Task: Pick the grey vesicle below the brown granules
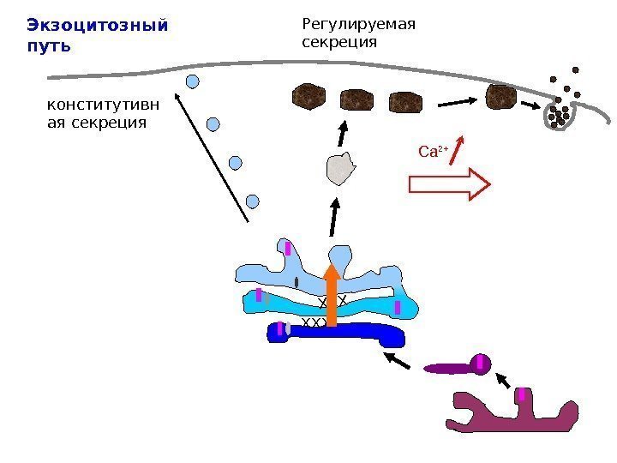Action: tap(341, 167)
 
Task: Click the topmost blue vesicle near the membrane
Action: tap(193, 82)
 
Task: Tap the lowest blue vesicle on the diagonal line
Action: tap(252, 201)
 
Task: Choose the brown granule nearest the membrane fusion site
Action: tap(500, 97)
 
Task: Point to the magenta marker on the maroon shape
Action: tap(521, 394)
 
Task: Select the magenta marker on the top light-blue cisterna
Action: tap(289, 249)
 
